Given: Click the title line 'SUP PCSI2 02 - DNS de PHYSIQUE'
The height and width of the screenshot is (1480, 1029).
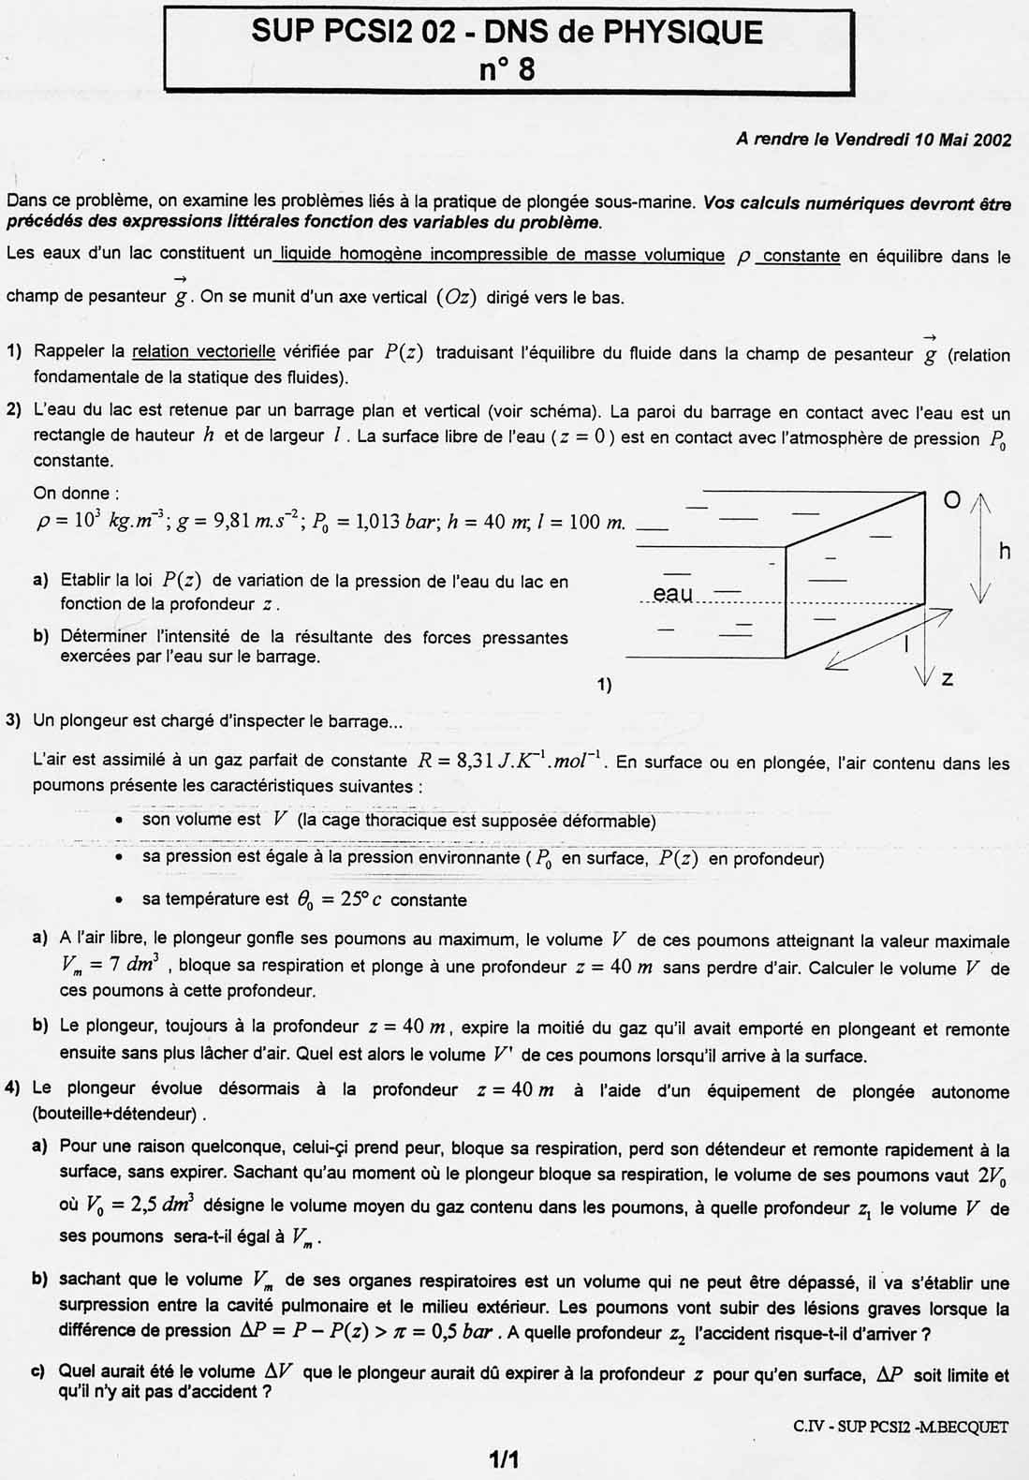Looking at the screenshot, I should click(507, 33).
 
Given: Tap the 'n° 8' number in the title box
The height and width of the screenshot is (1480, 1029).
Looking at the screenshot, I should click(507, 68).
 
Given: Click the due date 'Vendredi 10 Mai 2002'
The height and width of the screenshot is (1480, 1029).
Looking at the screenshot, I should click(922, 141).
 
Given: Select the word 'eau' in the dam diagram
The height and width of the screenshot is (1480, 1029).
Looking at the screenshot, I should click(672, 593).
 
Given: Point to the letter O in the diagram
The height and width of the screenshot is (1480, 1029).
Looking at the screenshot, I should click(951, 501).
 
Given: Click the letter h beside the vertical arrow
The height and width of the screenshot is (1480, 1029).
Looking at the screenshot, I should click(1005, 551).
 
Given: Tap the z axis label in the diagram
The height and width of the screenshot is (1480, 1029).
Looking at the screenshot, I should click(948, 678).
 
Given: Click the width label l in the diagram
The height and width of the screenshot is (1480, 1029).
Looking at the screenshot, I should click(905, 643).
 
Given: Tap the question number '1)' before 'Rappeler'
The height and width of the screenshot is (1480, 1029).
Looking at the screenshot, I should click(14, 352).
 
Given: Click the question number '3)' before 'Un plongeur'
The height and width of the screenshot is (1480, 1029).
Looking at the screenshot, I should click(14, 720).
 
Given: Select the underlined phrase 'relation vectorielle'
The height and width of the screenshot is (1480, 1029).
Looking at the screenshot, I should click(203, 352).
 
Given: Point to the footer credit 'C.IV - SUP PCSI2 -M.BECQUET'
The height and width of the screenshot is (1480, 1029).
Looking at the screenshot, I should click(900, 1427).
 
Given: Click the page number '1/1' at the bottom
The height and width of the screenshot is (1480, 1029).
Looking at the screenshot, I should click(504, 1458).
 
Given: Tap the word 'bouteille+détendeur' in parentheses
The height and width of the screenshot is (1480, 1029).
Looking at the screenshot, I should click(116, 1115).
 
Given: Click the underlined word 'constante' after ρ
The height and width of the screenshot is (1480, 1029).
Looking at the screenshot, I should click(801, 256).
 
